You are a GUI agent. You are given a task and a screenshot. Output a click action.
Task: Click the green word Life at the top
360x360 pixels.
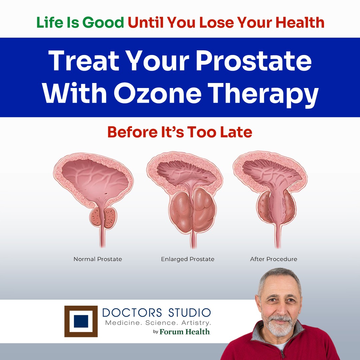click(x=50, y=23)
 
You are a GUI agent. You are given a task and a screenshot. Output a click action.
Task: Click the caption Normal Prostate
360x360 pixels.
click(x=98, y=259)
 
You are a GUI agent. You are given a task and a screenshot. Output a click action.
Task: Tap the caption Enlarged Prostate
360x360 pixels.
click(x=188, y=259)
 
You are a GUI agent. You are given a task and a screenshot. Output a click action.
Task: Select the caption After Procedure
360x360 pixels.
click(x=273, y=259)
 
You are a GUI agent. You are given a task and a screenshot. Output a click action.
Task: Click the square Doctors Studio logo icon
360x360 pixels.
click(x=81, y=321)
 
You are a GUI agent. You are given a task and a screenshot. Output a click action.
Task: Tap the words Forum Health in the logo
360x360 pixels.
click(x=185, y=332)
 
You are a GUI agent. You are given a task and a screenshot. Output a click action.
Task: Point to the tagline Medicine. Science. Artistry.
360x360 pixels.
click(x=158, y=323)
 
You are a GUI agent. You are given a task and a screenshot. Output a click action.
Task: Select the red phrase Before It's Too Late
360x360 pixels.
click(x=180, y=132)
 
